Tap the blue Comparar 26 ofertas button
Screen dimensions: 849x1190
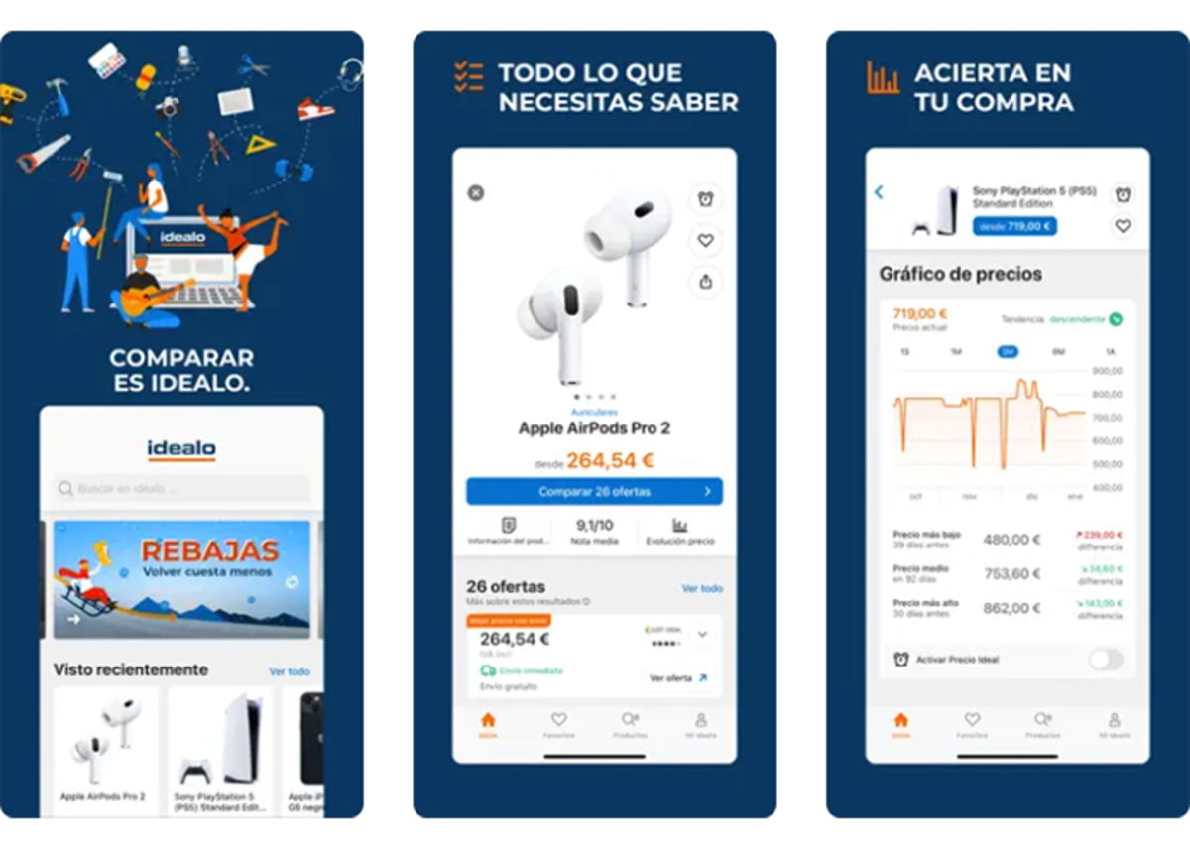[x=594, y=491]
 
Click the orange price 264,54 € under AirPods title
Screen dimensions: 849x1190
[x=610, y=461]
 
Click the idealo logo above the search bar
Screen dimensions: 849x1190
[x=181, y=450]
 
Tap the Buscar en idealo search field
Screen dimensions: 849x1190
[x=181, y=489]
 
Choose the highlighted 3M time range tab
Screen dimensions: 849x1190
[x=1008, y=352]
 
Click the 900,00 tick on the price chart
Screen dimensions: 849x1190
[x=1107, y=371]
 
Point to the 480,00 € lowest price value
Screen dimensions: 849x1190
[x=1011, y=540]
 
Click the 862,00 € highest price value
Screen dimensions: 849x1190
[x=1011, y=609]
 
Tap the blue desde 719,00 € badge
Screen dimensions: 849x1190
[x=1014, y=226]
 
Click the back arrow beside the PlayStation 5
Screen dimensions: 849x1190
[x=879, y=192]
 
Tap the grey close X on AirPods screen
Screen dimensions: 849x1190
[x=476, y=193]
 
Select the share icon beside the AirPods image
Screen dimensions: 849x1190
[x=705, y=282]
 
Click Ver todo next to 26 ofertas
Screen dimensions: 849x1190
[x=702, y=588]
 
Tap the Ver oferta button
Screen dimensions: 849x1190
[x=678, y=678]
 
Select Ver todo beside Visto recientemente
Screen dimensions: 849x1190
[x=290, y=671]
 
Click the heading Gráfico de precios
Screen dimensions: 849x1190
[x=960, y=274]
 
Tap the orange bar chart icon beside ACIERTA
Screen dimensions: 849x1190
[x=883, y=78]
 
